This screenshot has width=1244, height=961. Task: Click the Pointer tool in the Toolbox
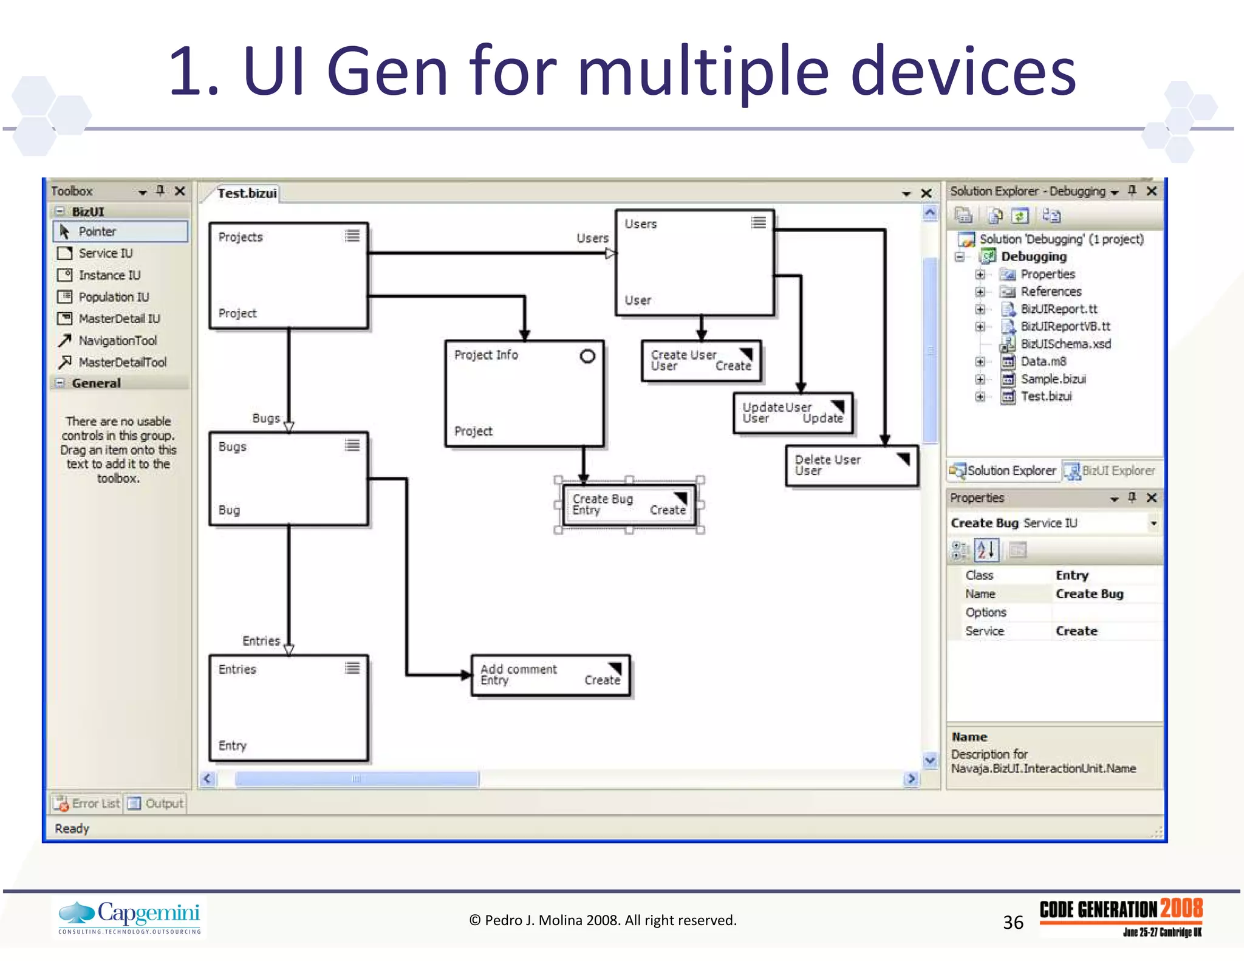click(97, 231)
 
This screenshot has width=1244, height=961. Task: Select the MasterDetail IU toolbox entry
click(119, 319)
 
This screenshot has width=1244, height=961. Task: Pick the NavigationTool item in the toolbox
click(117, 341)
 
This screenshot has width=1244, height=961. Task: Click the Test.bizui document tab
click(247, 193)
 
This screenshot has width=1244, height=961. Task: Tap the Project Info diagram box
click(524, 394)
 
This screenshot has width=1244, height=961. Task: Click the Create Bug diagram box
click(629, 505)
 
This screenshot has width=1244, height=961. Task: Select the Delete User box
click(851, 465)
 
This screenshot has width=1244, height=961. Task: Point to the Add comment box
click(550, 675)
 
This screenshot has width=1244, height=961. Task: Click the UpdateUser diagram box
click(793, 413)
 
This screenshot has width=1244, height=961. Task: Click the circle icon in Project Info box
click(587, 357)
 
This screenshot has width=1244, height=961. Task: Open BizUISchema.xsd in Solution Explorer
click(1065, 344)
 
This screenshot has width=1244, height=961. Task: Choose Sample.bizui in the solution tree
click(1053, 379)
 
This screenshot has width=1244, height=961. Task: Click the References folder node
click(1051, 292)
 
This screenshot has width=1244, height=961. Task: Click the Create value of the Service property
click(1076, 631)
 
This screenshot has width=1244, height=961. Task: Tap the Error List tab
click(95, 804)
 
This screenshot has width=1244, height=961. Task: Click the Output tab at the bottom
click(163, 804)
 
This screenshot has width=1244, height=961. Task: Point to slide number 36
click(1013, 922)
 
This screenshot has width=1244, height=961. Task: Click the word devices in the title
click(963, 72)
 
